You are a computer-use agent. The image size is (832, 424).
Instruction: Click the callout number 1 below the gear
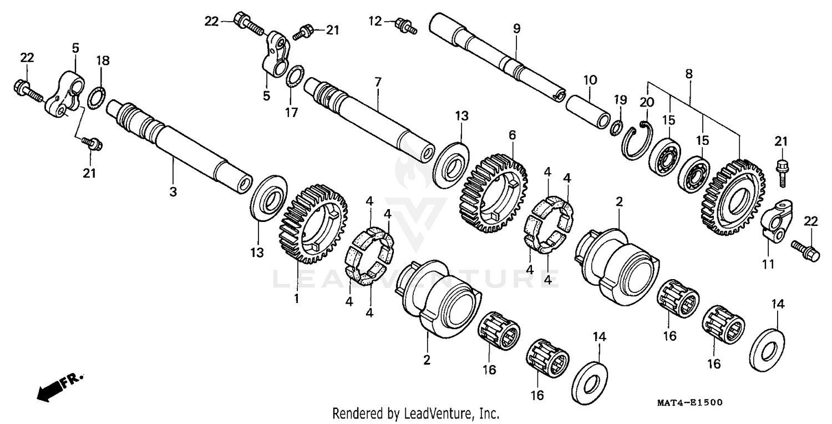(296, 299)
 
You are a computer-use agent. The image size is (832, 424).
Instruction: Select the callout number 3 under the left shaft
(173, 192)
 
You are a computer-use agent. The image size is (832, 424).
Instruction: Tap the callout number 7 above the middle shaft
(378, 82)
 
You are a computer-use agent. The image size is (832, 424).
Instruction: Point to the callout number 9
(516, 29)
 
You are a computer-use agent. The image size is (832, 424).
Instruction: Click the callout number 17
(292, 113)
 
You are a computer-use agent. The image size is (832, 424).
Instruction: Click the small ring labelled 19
(616, 128)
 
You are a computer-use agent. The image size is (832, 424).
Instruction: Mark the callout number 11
(768, 265)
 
